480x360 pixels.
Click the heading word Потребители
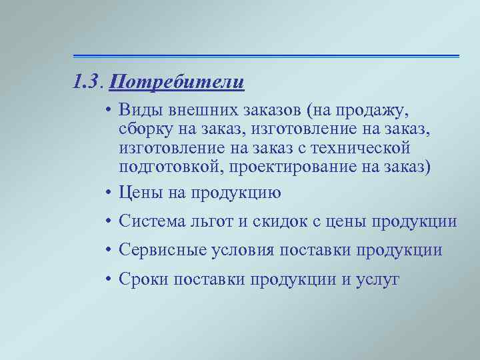point(177,83)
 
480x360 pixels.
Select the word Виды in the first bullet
point(137,109)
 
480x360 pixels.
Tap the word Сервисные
point(157,250)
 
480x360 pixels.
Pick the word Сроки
point(143,279)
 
